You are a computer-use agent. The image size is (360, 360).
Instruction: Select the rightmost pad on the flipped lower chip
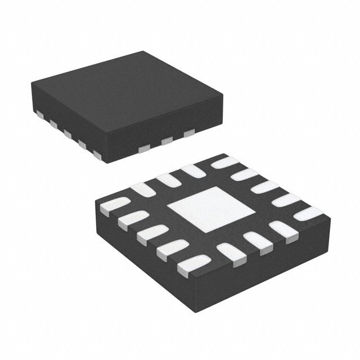[x=309, y=211]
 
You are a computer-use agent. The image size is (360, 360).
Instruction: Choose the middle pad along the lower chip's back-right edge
[x=265, y=187]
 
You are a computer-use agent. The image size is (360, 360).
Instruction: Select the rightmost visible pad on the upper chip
[x=190, y=133]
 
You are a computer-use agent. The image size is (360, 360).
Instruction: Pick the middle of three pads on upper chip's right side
[x=166, y=141]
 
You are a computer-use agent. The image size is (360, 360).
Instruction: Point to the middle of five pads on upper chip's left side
[x=67, y=133]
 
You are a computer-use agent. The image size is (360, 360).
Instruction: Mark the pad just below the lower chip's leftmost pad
[x=133, y=219]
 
